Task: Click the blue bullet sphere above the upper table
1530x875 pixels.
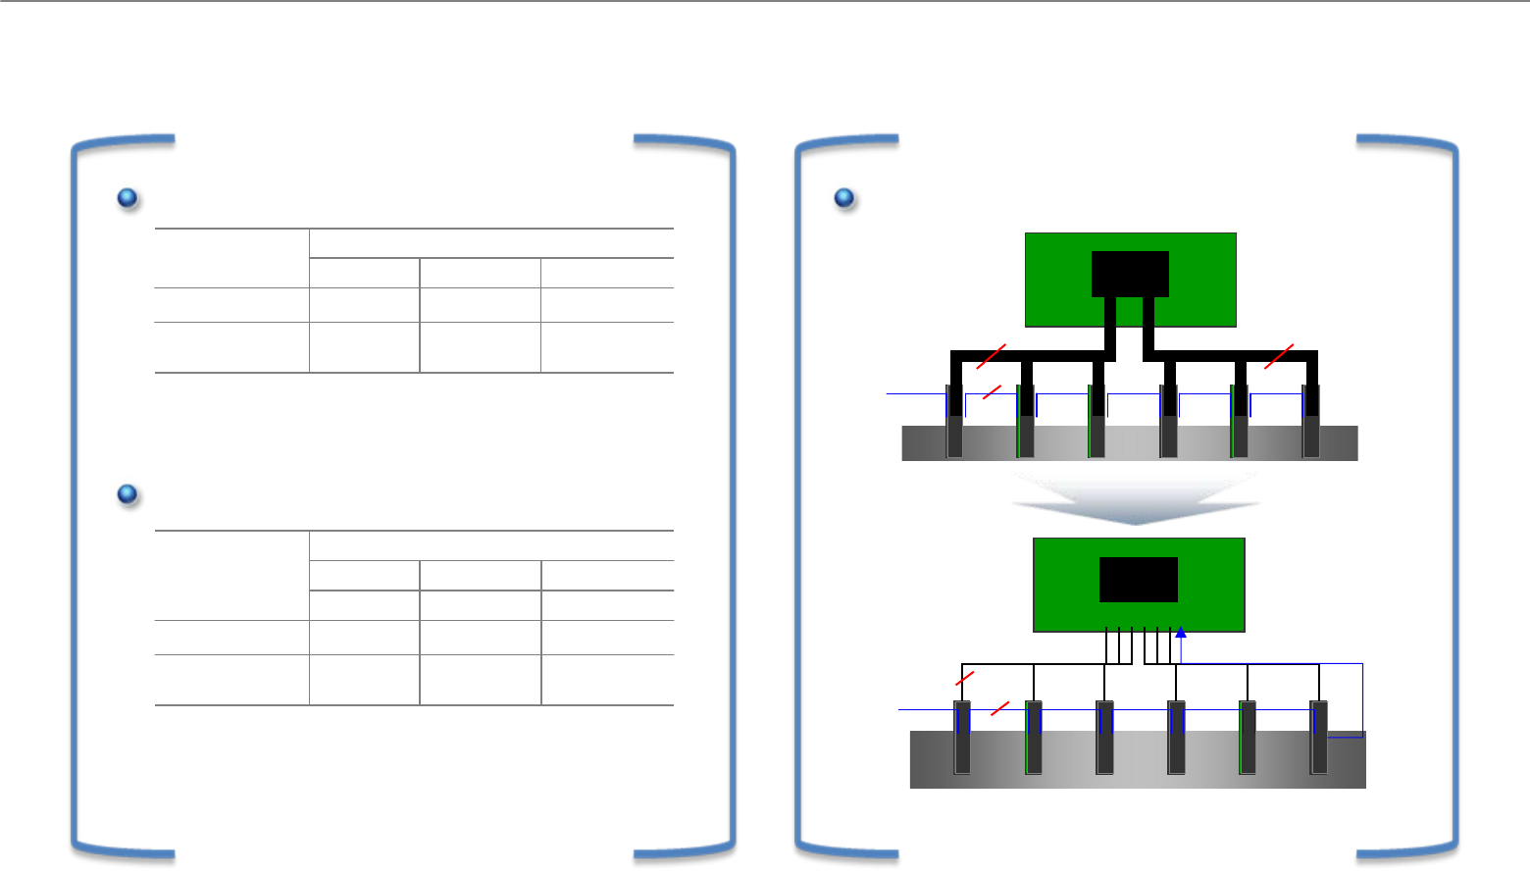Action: pyautogui.click(x=127, y=198)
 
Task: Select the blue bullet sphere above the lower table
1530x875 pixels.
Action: pyautogui.click(x=127, y=494)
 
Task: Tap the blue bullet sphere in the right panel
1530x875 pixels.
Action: pyautogui.click(x=843, y=198)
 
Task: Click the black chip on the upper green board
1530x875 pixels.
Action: pyautogui.click(x=1130, y=274)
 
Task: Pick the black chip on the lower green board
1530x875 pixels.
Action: pyautogui.click(x=1138, y=580)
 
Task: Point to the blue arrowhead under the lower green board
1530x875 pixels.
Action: pyautogui.click(x=1181, y=633)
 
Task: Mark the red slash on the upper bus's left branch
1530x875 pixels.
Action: pyautogui.click(x=991, y=357)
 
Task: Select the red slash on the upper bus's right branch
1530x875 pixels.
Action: pyautogui.click(x=1279, y=357)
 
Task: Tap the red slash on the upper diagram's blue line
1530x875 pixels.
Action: pyautogui.click(x=991, y=392)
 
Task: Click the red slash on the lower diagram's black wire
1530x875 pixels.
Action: pyautogui.click(x=965, y=678)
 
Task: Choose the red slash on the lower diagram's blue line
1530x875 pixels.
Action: pyautogui.click(x=999, y=707)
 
